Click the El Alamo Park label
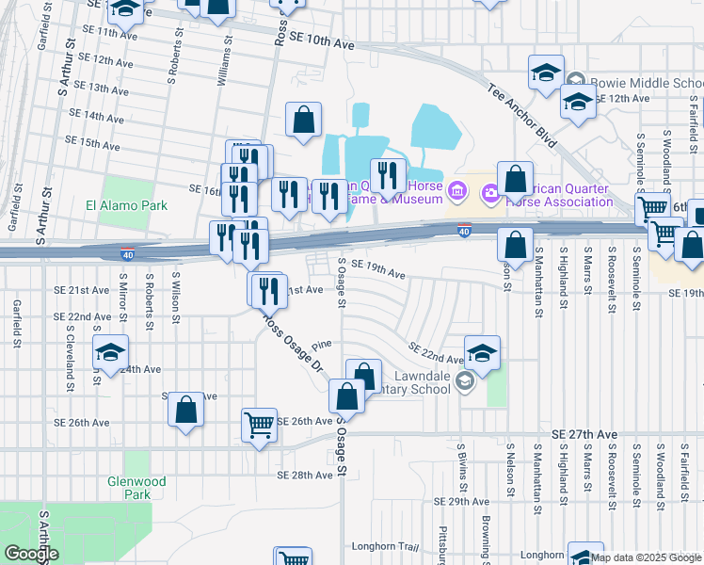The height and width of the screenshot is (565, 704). (x=125, y=205)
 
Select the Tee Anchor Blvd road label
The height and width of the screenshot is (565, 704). (x=522, y=117)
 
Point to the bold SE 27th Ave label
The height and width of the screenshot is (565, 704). (x=585, y=433)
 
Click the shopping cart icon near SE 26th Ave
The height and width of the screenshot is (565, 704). (x=258, y=425)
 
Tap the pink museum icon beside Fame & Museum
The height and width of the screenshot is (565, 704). (x=457, y=193)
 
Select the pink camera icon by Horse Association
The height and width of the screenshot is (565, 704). (x=490, y=194)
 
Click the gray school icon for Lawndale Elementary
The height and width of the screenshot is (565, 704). (x=464, y=381)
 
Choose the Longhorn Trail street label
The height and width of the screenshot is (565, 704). (x=384, y=546)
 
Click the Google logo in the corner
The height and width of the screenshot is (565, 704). (x=30, y=554)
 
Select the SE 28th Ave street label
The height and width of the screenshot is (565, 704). (x=305, y=476)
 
